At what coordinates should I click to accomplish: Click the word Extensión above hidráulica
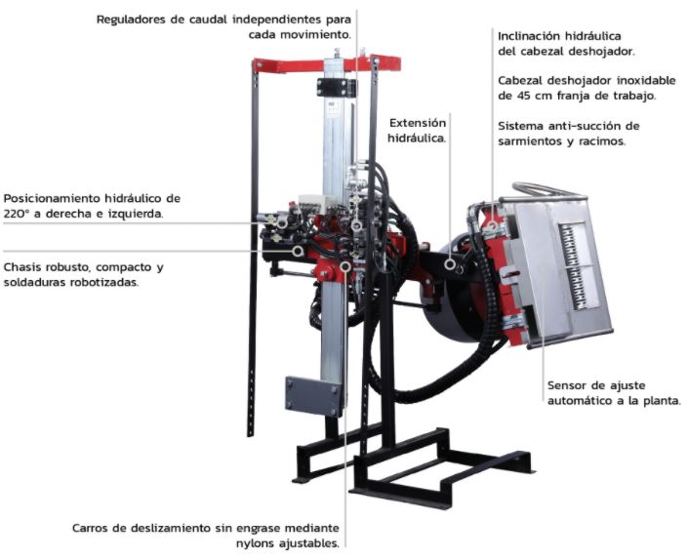418,123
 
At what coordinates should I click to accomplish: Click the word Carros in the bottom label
90,528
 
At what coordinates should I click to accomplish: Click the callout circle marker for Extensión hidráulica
450,264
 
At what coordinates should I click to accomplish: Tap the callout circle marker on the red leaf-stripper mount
492,226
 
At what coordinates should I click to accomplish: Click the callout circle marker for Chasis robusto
298,251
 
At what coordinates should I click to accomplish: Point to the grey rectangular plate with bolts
313,395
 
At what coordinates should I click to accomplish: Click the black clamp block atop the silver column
336,87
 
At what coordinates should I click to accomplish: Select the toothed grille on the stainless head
575,267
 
